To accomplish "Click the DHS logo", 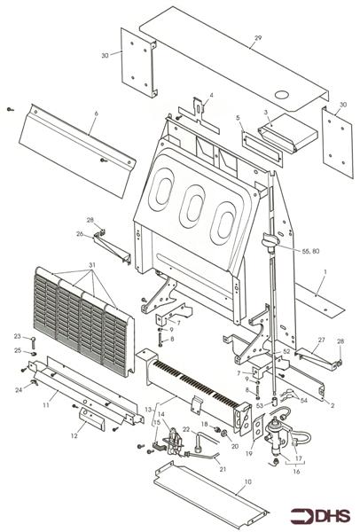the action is coord(320,516).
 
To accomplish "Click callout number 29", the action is coord(258,38).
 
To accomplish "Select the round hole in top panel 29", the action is coord(282,95).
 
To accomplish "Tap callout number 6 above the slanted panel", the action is coord(96,113).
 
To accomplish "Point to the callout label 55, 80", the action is coord(310,251).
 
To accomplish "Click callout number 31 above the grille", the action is coord(92,264).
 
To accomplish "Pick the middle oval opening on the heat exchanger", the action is coord(192,202).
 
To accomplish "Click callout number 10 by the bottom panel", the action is coord(248,481).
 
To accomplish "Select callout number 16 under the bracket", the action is coord(296,472).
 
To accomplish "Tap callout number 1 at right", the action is coord(325,272).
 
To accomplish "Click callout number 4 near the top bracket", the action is coord(211,96).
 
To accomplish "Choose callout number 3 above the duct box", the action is coord(266,113).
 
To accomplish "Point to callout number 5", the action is coord(238,118).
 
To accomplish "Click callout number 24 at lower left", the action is coord(19,390).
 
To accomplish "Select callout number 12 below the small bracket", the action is coord(74,436).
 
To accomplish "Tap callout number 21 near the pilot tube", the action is coord(223,469).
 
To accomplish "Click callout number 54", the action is coord(304,401).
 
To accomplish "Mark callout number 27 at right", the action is coord(321,340).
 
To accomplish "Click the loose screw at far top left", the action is coord(11,109).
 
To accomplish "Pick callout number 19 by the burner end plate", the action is coord(249,454).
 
